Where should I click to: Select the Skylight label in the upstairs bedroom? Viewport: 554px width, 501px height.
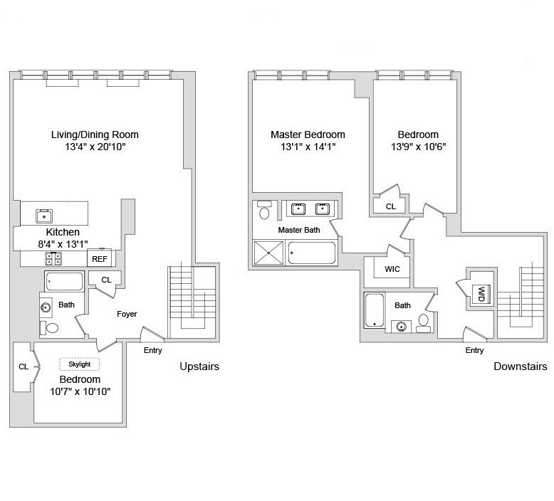pyautogui.click(x=79, y=364)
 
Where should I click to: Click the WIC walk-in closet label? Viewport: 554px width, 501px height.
pyautogui.click(x=392, y=270)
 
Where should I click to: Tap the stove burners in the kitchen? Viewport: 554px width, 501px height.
pyautogui.click(x=53, y=258)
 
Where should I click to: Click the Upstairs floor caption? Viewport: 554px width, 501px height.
pyautogui.click(x=199, y=366)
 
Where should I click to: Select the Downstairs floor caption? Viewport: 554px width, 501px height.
pyautogui.click(x=521, y=366)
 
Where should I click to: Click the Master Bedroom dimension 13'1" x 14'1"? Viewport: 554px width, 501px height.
pyautogui.click(x=308, y=147)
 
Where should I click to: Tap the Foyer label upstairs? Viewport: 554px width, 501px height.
pyautogui.click(x=127, y=314)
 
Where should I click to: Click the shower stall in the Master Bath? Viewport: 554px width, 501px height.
pyautogui.click(x=268, y=253)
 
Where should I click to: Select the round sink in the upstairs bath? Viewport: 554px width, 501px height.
pyautogui.click(x=46, y=308)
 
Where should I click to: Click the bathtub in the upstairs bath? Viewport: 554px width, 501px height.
pyautogui.click(x=63, y=282)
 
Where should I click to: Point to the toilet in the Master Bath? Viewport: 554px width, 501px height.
pyautogui.click(x=265, y=211)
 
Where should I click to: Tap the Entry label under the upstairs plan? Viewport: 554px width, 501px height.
pyautogui.click(x=152, y=350)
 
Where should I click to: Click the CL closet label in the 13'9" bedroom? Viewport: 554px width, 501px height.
pyautogui.click(x=390, y=206)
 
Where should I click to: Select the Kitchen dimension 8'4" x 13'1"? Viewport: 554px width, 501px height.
pyautogui.click(x=63, y=244)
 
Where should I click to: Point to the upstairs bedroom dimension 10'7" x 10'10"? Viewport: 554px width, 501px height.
pyautogui.click(x=79, y=391)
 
